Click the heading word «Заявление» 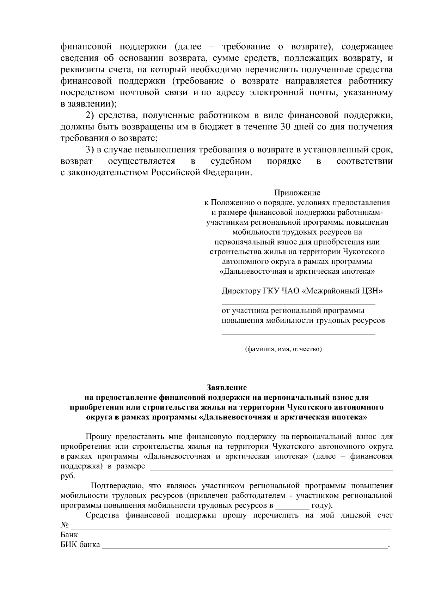point(226,387)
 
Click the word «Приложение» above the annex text point(297,193)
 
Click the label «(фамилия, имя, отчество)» point(283,349)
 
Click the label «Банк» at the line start point(69,534)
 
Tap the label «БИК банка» point(80,544)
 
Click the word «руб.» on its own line point(68,476)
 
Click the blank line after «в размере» point(271,468)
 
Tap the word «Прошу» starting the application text point(97,437)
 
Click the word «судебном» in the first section point(231,161)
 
